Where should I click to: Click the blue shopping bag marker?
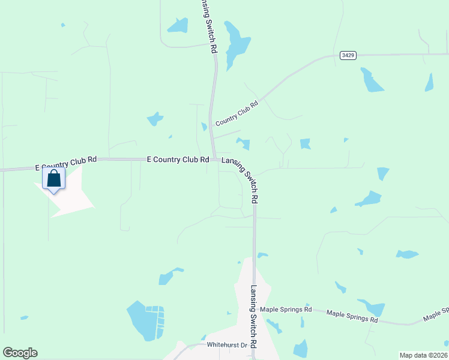(x=53, y=179)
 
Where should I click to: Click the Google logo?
(x=20, y=353)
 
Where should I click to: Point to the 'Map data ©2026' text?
(x=423, y=355)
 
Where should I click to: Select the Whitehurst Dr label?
(x=227, y=346)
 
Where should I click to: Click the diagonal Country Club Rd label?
(x=237, y=112)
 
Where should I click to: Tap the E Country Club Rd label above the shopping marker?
(x=66, y=162)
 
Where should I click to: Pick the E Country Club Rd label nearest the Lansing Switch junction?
(x=178, y=160)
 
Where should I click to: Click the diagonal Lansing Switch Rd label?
(x=241, y=178)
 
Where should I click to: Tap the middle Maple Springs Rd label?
(x=352, y=316)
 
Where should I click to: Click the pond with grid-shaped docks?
(x=145, y=320)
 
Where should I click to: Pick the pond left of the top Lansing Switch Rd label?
(x=178, y=25)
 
